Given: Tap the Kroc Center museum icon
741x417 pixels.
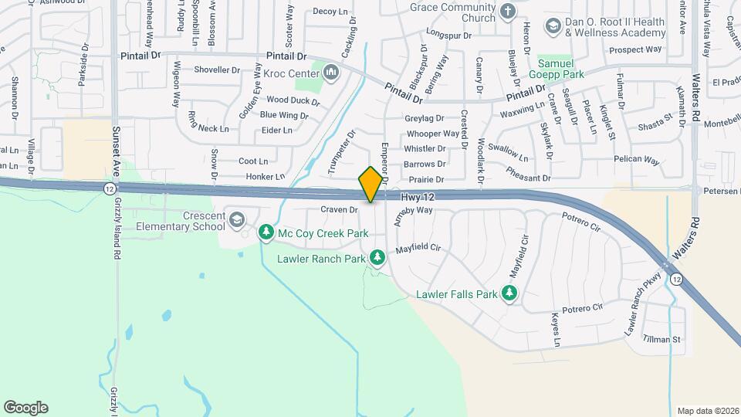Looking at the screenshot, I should pyautogui.click(x=332, y=73).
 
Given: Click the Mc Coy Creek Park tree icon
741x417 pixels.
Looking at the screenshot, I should pyautogui.click(x=266, y=232).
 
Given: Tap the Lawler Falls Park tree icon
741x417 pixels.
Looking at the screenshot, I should pyautogui.click(x=509, y=293).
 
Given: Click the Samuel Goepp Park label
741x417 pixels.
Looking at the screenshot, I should pyautogui.click(x=556, y=69).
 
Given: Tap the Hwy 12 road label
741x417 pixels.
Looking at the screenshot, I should pyautogui.click(x=418, y=198).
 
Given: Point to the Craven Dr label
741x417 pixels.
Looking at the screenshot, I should pyautogui.click(x=339, y=209).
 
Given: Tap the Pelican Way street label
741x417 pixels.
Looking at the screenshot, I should pyautogui.click(x=636, y=161).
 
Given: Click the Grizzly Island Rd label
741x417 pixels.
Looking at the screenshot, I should pyautogui.click(x=117, y=232).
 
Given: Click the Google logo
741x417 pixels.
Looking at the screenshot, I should pyautogui.click(x=25, y=407).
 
